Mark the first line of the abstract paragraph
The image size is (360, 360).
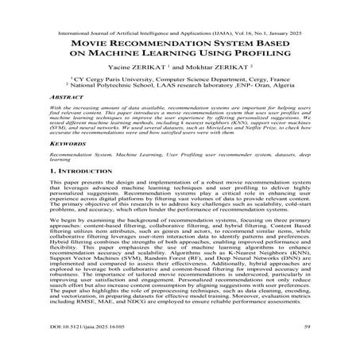point(180,127)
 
